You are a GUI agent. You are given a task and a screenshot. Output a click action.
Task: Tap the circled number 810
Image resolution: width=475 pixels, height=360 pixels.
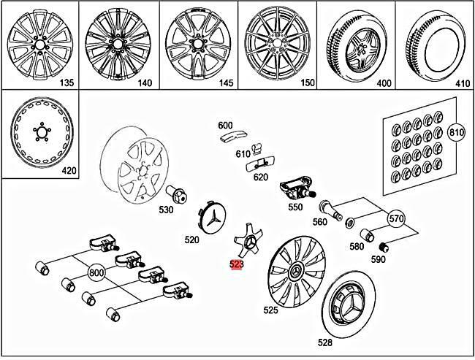tap(456, 132)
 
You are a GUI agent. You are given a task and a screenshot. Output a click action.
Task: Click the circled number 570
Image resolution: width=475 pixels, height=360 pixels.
tap(395, 218)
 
